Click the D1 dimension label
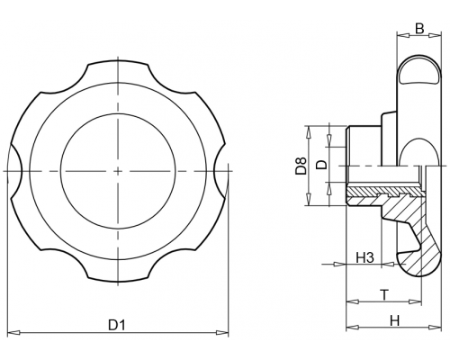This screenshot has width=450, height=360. pyautogui.click(x=117, y=325)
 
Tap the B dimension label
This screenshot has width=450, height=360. pyautogui.click(x=419, y=29)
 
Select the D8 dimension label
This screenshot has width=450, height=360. pyautogui.click(x=301, y=166)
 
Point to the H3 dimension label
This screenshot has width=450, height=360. pyautogui.click(x=365, y=257)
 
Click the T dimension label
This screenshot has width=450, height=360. pyautogui.click(x=384, y=295)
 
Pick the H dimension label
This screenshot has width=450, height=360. pyautogui.click(x=395, y=321)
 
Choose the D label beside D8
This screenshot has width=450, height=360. pyautogui.click(x=321, y=165)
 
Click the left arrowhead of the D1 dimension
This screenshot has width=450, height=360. pyautogui.click(x=13, y=332)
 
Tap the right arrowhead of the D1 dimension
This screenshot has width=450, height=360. pyautogui.click(x=222, y=332)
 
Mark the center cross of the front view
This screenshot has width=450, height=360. pyautogui.click(x=118, y=171)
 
